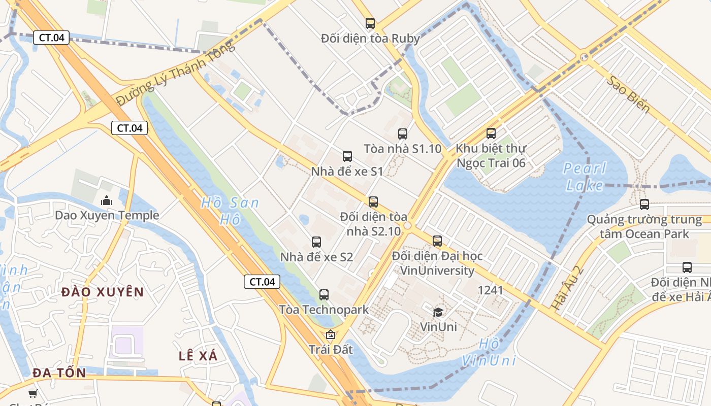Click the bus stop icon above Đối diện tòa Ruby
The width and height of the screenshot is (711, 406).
point(370,23)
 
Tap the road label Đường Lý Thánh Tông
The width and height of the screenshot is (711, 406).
point(175,74)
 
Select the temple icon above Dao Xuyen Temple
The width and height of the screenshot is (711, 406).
point(107,200)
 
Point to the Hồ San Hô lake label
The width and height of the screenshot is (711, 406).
point(230,211)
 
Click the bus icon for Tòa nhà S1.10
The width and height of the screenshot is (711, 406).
point(403,134)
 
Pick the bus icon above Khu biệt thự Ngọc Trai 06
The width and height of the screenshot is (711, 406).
point(491,133)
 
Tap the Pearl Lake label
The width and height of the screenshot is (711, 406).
point(585,176)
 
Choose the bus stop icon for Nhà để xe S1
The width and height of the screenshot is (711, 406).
point(347,156)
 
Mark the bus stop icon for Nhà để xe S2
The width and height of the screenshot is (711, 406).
point(316,242)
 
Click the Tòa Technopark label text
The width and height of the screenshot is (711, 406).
point(324,310)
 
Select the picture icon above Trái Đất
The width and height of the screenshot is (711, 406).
point(331,334)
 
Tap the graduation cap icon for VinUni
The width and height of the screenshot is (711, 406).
point(438,312)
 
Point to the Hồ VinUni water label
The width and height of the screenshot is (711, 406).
point(489,352)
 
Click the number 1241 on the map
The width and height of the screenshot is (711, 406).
point(491,290)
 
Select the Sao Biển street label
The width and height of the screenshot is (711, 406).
point(628,94)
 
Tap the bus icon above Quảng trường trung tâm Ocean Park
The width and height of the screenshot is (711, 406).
point(644,205)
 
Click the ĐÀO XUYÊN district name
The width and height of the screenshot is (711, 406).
point(103,292)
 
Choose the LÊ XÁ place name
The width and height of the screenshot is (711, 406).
point(198,356)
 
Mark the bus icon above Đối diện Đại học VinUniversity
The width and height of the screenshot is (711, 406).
point(437,241)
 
